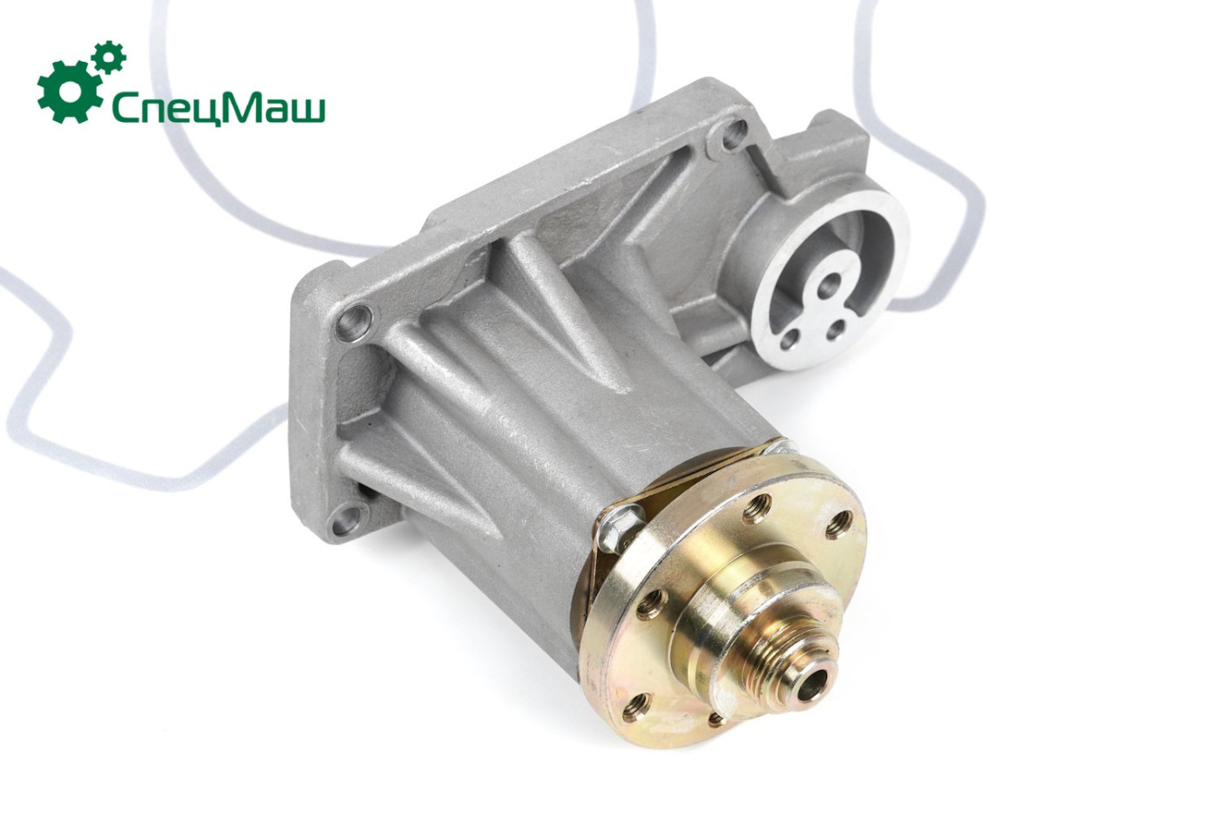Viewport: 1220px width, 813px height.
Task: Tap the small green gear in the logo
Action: point(109,58)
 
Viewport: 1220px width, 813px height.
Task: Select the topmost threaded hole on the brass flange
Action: point(757,508)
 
